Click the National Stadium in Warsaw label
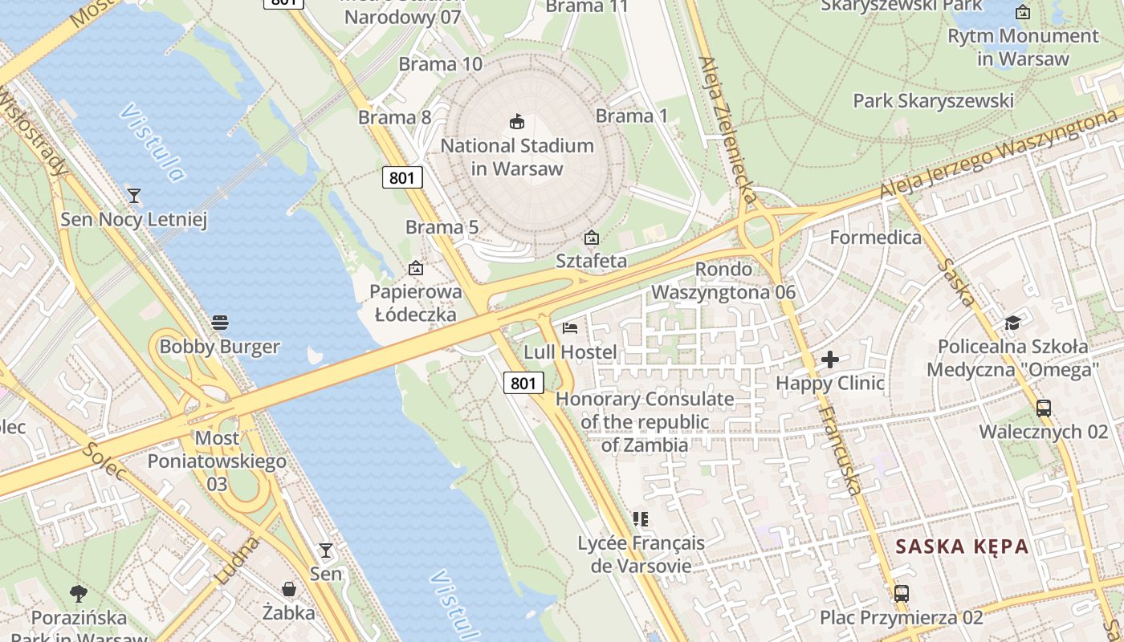click(x=517, y=157)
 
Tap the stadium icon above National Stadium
click(x=517, y=122)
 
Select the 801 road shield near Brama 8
click(x=401, y=177)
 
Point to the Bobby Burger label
click(x=219, y=347)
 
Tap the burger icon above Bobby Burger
click(x=220, y=323)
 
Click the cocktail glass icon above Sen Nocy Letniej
click(x=134, y=195)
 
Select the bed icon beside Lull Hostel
click(x=570, y=327)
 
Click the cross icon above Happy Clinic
click(x=830, y=360)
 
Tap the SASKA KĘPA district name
click(x=962, y=547)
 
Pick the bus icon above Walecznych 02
click(x=1044, y=408)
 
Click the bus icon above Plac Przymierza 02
click(x=902, y=594)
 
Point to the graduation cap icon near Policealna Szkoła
click(x=1012, y=323)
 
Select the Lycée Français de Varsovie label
click(x=641, y=555)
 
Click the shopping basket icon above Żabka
click(x=289, y=589)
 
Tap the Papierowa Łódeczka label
click(x=416, y=303)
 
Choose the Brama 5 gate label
click(x=442, y=227)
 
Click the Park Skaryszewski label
click(x=933, y=101)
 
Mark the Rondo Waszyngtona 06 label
click(x=723, y=281)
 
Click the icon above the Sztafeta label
click(x=592, y=238)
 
